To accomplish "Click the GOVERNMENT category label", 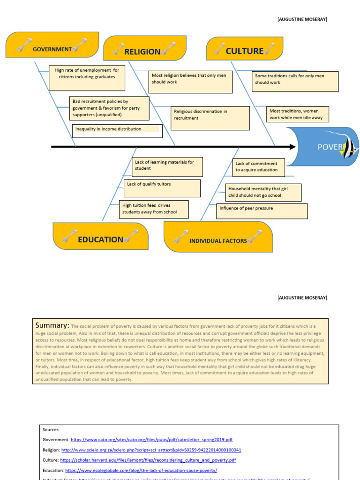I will click(52, 49).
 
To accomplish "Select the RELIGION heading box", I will click(142, 52).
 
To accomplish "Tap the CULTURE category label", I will click(244, 51).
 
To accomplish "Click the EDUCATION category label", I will click(100, 240).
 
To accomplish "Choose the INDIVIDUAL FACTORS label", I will click(218, 240).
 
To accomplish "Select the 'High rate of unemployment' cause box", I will click(87, 78).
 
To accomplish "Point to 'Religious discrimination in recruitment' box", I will click(210, 118).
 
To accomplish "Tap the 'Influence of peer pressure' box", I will click(262, 211).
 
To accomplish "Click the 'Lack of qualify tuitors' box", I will click(162, 188).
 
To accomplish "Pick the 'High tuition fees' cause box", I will click(148, 209).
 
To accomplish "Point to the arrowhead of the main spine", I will click(293, 147).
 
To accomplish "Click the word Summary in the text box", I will click(52, 325).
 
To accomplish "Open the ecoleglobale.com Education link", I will click(141, 470).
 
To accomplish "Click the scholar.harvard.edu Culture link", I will click(148, 460).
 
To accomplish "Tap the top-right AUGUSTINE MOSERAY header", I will click(302, 19).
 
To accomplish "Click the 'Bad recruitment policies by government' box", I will click(109, 108).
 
